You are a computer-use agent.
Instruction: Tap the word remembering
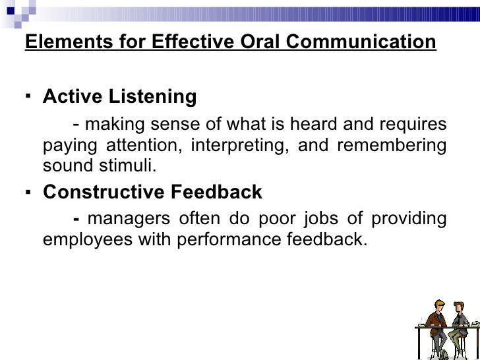pyautogui.click(x=391, y=145)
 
